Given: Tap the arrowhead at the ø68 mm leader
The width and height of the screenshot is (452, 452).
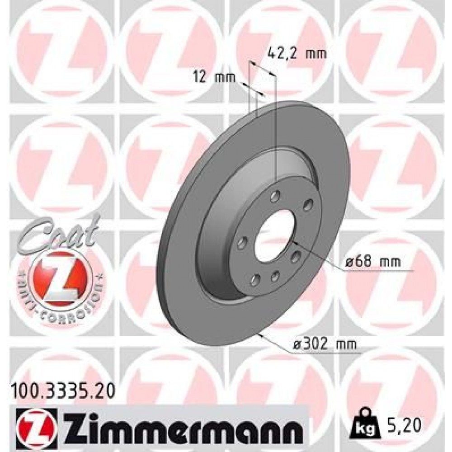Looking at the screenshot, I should point(294,245).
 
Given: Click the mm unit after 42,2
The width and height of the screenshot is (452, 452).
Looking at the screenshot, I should point(316,53).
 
